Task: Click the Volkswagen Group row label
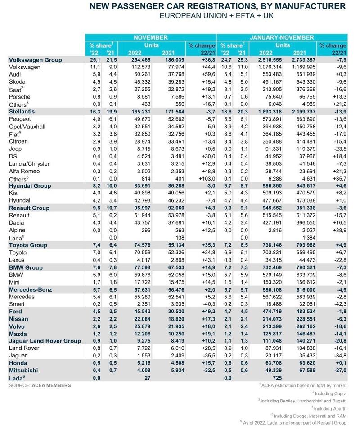(36, 60)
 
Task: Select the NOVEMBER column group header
(151, 37)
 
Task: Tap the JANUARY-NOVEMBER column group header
(282, 37)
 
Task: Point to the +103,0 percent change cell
(207, 179)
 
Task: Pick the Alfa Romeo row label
(24, 172)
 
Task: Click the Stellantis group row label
(22, 112)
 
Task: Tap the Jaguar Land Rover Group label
(45, 341)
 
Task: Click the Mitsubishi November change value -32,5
(209, 371)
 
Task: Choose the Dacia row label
(16, 223)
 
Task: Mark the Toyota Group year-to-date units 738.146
(272, 245)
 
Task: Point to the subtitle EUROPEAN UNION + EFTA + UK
(216, 15)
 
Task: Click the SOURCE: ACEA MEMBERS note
(40, 385)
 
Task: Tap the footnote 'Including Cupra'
(329, 393)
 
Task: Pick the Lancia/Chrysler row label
(29, 164)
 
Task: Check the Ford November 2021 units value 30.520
(176, 312)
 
